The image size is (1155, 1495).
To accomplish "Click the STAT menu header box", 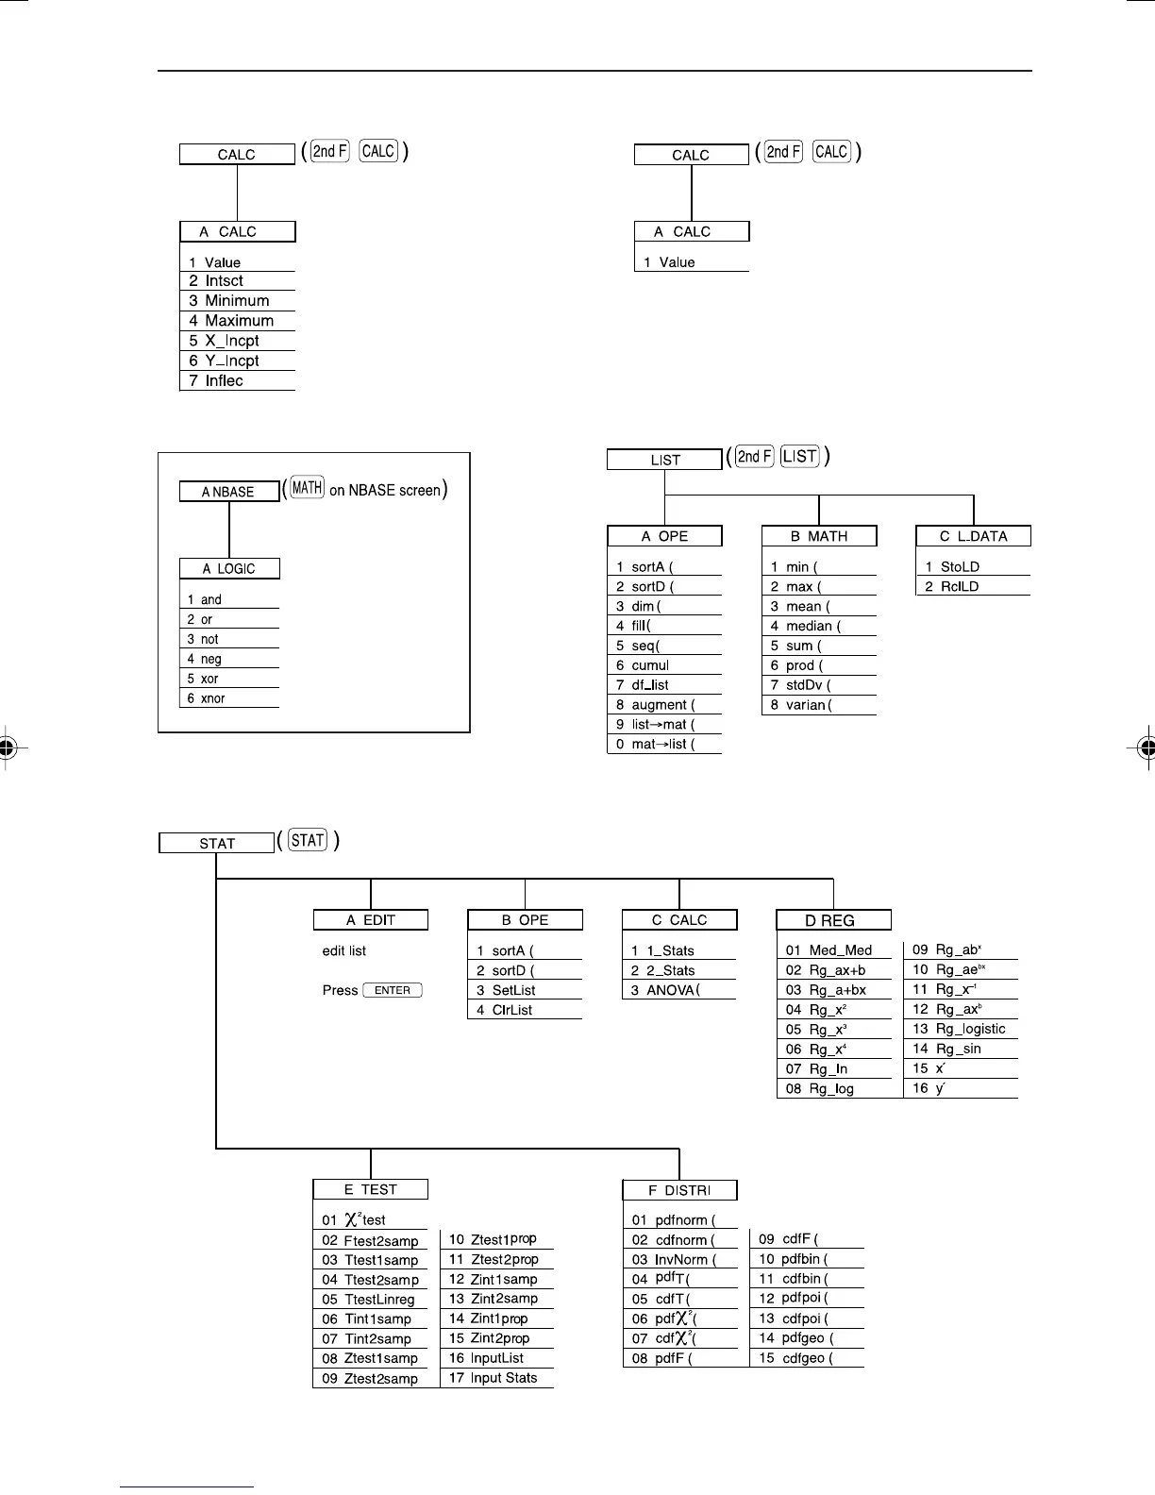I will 216,843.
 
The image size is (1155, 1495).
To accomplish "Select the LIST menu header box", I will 664,460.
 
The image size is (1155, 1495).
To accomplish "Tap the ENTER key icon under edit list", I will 393,990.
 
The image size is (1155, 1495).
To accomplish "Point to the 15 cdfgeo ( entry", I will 808,1358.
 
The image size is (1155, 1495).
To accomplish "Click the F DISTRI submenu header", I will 679,1190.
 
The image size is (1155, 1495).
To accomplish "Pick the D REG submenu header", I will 833,920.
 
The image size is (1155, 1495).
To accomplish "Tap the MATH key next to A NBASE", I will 307,488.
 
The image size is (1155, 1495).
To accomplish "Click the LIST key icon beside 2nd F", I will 799,457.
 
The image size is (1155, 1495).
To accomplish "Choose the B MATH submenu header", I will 819,536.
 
